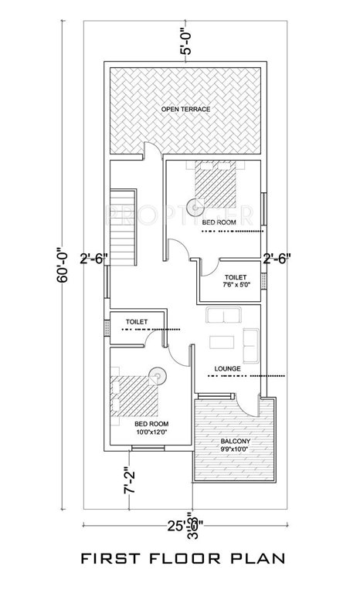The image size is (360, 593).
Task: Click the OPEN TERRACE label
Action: pos(185,110)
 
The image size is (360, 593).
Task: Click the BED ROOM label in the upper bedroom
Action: pos(219,223)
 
